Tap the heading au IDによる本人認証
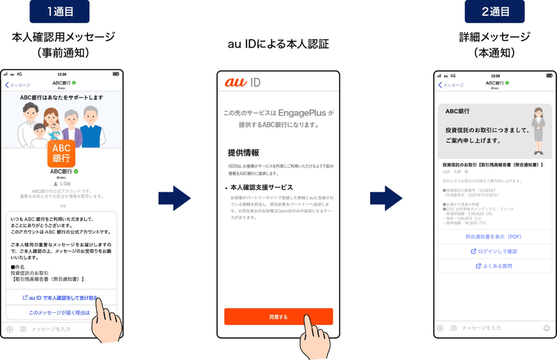coord(278,44)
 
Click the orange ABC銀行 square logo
coord(61,153)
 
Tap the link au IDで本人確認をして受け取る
coord(60,298)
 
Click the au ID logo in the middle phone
coord(242,83)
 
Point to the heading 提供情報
coord(243,152)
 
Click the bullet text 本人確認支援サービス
coord(262,188)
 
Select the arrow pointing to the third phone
coord(386,198)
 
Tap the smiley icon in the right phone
coord(546,328)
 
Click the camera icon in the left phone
coord(23,329)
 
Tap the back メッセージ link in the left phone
coord(18,85)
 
